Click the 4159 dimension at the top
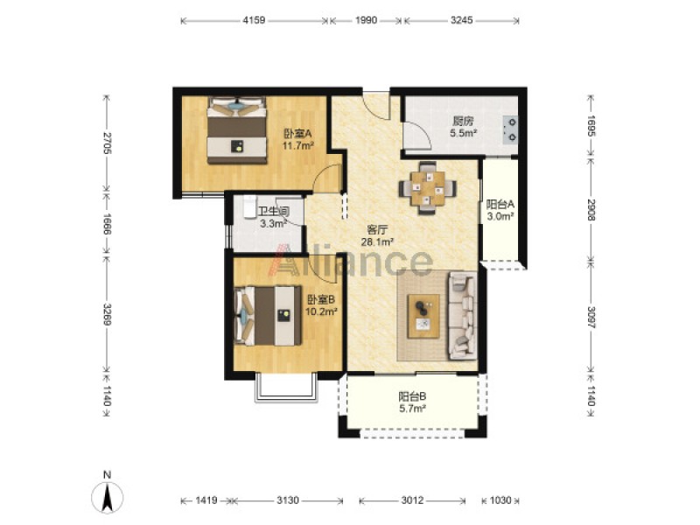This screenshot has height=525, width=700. coord(254,20)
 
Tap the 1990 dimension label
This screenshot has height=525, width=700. coord(366,20)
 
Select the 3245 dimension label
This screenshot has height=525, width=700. coord(462,20)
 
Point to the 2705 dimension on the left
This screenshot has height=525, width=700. coord(107,143)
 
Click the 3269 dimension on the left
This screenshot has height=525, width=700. coord(107,315)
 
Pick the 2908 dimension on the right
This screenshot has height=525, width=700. coord(591,210)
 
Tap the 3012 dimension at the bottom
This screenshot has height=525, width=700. coord(412,500)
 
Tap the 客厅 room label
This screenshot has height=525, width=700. coord(377,230)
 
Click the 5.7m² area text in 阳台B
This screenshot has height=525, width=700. coord(412,408)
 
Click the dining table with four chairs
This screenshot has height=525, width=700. coord(428,187)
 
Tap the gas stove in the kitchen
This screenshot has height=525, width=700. coord(510,129)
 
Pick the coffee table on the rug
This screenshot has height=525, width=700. coord(423,316)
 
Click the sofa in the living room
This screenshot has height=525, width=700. coord(463,316)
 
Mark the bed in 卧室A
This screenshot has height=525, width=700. coord(236,130)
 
